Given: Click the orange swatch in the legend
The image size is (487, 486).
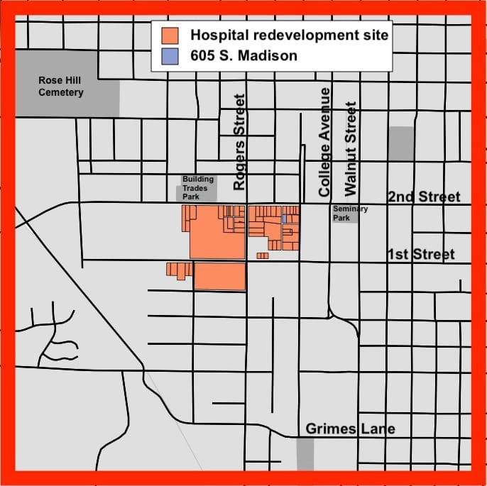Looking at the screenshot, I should click(170, 35).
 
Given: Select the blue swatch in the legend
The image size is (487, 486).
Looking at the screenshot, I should click(170, 55).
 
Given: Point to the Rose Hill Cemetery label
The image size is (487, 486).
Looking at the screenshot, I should click(61, 87).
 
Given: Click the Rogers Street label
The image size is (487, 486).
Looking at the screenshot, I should click(240, 142).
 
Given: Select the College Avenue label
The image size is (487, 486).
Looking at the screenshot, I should click(325, 142).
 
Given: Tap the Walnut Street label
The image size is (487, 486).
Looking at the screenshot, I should click(349, 148).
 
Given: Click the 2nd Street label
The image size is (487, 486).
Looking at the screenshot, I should click(424, 197).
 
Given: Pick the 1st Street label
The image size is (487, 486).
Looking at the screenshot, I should click(421, 254).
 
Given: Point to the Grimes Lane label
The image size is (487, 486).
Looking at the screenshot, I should click(350, 429).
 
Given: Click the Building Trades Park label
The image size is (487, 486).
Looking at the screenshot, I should click(197, 188).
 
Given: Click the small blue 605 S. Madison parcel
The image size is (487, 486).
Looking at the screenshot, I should click(284, 219).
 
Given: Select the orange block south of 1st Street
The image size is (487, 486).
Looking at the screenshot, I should click(220, 276).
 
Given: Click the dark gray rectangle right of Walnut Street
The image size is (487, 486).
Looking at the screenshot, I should click(401, 143).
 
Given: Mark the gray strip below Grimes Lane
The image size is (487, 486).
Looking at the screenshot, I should click(305, 453).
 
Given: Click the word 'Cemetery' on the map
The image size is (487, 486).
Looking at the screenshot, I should click(61, 92).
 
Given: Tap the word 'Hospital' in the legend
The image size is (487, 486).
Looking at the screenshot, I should click(219, 34).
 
